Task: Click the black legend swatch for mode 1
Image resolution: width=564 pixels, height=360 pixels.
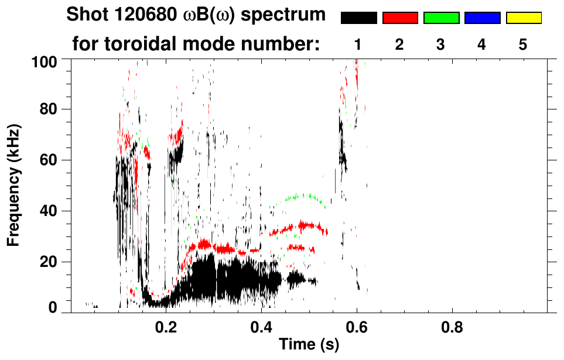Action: click(x=358, y=18)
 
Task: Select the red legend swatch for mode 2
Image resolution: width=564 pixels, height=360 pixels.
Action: click(x=400, y=18)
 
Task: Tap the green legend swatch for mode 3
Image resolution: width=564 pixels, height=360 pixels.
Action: click(x=441, y=18)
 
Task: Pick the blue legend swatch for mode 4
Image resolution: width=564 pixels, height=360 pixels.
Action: click(x=482, y=18)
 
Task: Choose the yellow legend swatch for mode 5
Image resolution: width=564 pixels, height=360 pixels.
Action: click(x=523, y=18)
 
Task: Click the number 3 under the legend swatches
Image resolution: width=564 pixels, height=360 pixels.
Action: click(x=441, y=44)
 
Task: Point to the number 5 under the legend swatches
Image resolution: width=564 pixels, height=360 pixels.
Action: click(x=523, y=44)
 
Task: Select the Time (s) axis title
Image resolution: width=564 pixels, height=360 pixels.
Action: click(x=309, y=344)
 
